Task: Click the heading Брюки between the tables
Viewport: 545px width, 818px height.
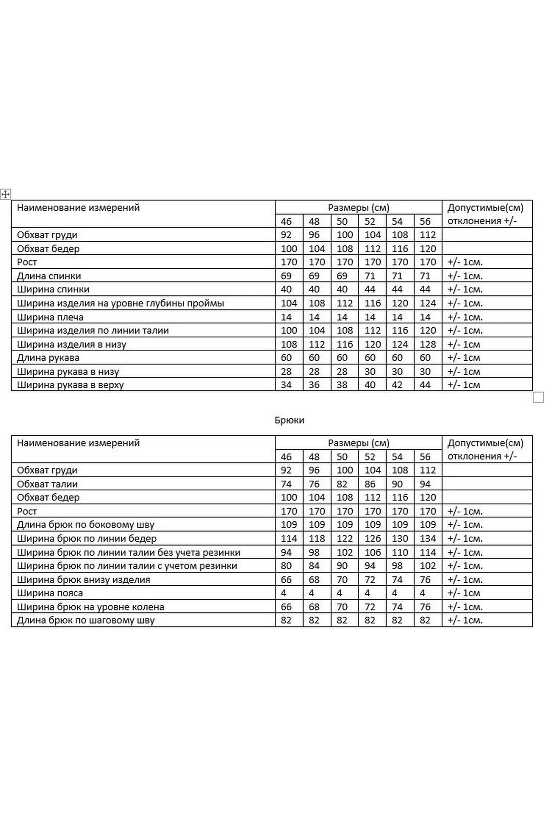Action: click(289, 420)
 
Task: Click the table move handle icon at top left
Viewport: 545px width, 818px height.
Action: click(5, 194)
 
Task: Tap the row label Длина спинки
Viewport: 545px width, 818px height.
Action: click(49, 276)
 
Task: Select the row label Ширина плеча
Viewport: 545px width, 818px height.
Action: click(50, 317)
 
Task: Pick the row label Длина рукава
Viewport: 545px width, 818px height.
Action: click(48, 358)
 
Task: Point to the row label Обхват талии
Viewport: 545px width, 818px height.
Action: click(47, 484)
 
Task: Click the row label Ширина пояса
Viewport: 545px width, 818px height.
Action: click(50, 593)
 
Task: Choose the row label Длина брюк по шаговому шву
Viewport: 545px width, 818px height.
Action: click(86, 620)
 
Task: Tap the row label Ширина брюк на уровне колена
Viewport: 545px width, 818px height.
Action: click(91, 607)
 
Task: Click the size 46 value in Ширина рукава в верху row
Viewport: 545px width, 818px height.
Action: click(286, 385)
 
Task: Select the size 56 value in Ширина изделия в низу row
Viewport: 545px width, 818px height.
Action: click(428, 344)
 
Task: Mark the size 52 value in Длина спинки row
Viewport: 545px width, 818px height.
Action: click(370, 276)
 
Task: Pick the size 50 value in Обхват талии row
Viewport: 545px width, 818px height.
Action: click(342, 484)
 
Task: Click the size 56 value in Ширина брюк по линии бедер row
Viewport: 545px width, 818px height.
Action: click(428, 539)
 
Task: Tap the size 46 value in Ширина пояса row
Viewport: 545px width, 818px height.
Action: click(284, 593)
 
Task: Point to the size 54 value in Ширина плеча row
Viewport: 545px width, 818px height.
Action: click(397, 317)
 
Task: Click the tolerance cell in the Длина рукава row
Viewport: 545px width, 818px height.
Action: click(464, 358)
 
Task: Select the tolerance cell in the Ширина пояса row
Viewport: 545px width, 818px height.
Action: click(464, 593)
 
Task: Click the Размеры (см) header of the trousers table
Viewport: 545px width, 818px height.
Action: click(359, 443)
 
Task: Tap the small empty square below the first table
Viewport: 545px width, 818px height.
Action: click(538, 397)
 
